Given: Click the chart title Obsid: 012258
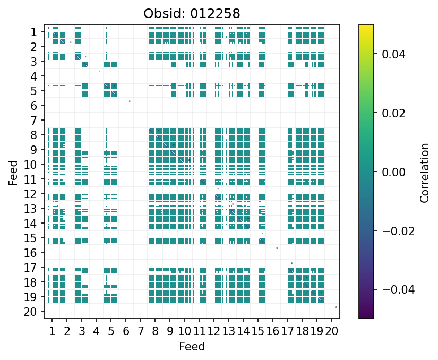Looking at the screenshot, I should (192, 14).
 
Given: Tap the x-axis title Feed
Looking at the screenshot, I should (192, 347).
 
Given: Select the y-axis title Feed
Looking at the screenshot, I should (13, 173).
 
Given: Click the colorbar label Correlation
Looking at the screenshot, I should (424, 173).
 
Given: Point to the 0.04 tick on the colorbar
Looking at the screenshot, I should (390, 54).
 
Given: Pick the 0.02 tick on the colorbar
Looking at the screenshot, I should (390, 113).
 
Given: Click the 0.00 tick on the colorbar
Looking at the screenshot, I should (390, 172).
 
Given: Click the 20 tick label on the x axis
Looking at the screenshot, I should (332, 332).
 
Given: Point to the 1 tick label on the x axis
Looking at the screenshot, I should (52, 332).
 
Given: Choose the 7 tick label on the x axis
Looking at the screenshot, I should (140, 332).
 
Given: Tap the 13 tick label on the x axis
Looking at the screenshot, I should (228, 332).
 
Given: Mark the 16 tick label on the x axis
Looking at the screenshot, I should (273, 332).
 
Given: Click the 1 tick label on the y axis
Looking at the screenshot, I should (33, 32).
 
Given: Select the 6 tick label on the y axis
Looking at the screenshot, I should (33, 106).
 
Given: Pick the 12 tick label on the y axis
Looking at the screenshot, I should (30, 194).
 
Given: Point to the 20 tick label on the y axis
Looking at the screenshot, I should (30, 312).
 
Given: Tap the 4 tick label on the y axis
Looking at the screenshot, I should (33, 76).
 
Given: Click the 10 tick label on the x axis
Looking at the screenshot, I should (184, 332).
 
